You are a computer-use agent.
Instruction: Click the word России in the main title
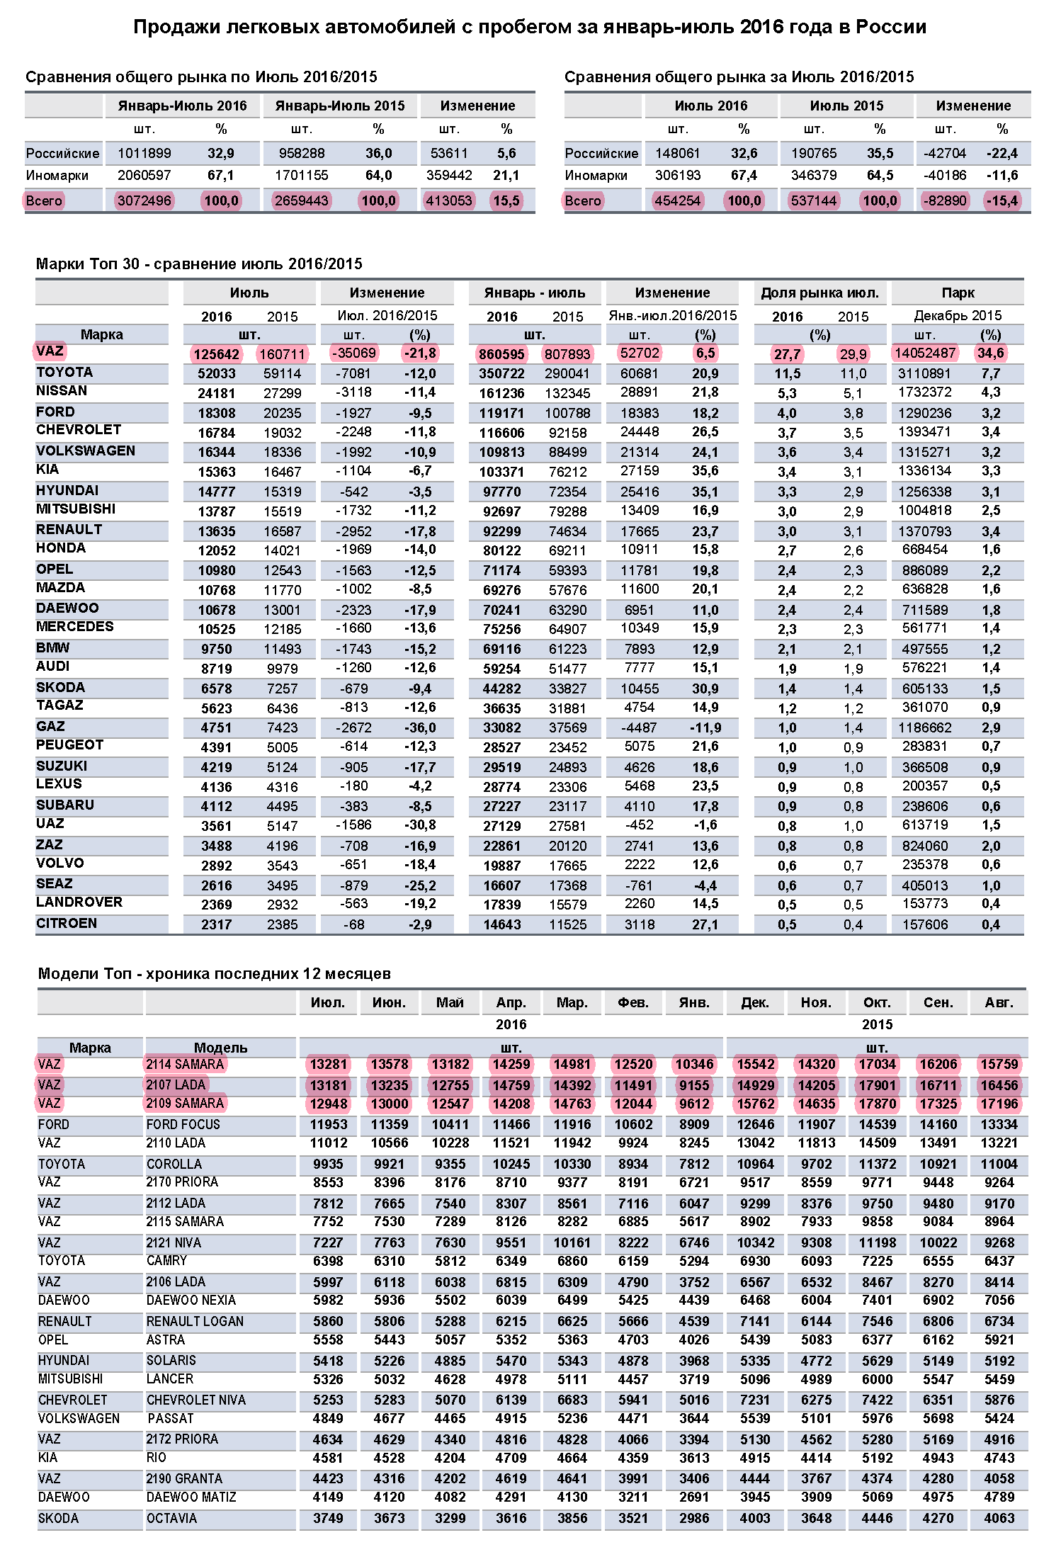(890, 27)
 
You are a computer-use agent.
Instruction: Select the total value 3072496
(144, 200)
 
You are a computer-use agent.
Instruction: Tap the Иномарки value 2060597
(144, 175)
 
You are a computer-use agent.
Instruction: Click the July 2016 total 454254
(677, 200)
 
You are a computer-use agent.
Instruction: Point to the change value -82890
(944, 200)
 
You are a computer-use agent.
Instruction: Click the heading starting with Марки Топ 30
(199, 264)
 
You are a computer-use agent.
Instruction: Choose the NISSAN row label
(62, 390)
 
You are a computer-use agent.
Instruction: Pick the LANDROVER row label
(79, 902)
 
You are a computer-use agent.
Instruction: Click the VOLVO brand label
(59, 863)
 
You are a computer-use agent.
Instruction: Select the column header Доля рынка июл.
(819, 293)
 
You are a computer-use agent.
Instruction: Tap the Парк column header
(958, 293)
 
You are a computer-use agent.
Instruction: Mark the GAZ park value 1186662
(925, 727)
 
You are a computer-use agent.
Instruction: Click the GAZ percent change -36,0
(420, 727)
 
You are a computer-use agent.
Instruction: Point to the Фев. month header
(633, 1002)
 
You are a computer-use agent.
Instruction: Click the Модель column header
(220, 1048)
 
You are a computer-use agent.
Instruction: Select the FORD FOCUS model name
(183, 1124)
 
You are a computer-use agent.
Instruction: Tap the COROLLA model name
(174, 1164)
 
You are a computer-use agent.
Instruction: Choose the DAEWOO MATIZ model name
(191, 1497)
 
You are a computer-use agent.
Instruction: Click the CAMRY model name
(166, 1260)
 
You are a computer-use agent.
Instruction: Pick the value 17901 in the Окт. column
(877, 1085)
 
